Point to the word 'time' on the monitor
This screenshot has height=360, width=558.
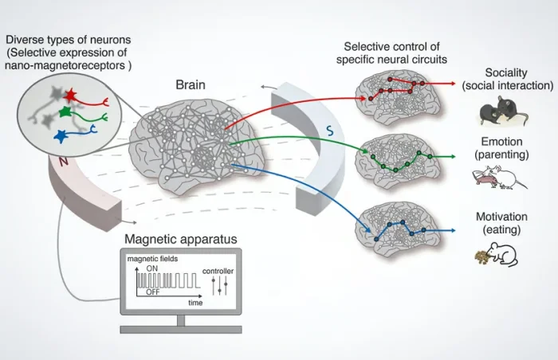195,303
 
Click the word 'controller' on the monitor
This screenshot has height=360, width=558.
218,271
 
